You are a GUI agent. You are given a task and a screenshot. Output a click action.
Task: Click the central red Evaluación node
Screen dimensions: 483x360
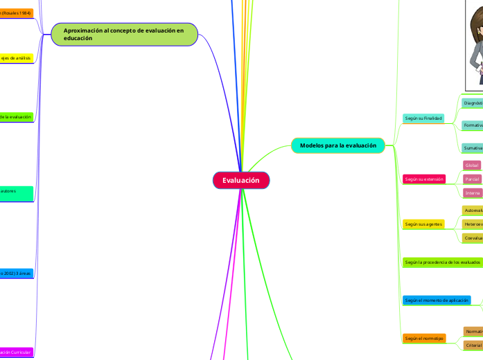pos(240,181)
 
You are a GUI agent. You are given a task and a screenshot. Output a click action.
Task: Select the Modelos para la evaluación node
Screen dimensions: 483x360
pos(338,145)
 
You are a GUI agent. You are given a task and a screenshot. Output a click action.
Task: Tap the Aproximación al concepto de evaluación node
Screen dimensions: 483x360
pos(124,34)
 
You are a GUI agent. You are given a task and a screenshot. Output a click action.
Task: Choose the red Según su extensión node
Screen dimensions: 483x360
pos(423,179)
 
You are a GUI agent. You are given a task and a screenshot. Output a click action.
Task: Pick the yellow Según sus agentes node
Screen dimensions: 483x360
pos(423,224)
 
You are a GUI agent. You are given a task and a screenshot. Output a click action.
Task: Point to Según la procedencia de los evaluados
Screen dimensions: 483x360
pos(442,262)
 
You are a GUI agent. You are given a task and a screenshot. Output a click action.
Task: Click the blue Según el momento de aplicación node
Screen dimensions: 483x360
pos(437,300)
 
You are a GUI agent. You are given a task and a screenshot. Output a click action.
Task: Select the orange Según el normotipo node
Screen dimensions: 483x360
pos(423,339)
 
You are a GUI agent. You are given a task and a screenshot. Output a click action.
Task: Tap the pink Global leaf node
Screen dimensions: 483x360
pos(472,165)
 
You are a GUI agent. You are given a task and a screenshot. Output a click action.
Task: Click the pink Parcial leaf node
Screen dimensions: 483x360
pos(472,179)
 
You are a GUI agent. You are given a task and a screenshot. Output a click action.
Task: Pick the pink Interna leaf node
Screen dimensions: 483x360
pos(472,192)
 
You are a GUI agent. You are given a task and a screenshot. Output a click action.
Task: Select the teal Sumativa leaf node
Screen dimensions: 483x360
pos(473,148)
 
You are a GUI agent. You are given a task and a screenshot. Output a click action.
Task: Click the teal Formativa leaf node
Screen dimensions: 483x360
pos(473,125)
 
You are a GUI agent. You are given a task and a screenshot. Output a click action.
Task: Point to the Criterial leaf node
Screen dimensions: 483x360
pos(473,345)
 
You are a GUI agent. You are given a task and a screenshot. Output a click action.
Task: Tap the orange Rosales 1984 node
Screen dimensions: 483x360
pos(16,12)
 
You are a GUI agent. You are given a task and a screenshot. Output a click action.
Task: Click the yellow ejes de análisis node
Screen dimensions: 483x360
pos(16,58)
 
